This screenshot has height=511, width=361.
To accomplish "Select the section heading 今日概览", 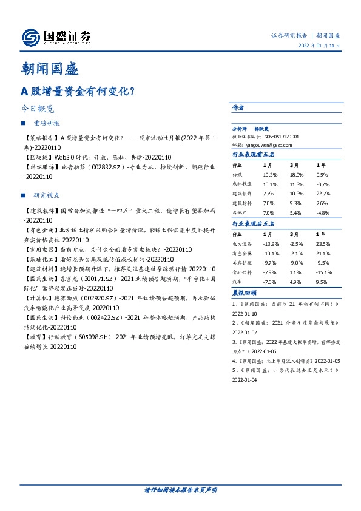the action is tap(38, 109).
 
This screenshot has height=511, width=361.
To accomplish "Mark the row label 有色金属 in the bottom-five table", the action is tap(243, 253).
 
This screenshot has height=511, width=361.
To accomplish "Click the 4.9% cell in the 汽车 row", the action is tap(295, 282).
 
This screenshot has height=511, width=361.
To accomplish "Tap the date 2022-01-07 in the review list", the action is tap(245, 333).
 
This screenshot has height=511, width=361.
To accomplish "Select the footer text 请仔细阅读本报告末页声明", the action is tap(180, 489).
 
